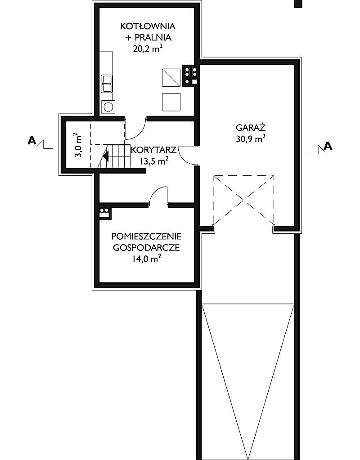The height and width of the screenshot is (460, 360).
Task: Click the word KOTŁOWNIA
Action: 148,27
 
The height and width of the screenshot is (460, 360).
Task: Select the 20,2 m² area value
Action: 148,49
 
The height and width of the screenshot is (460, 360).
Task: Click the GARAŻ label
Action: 251,128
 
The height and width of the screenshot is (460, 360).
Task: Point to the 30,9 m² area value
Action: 251,139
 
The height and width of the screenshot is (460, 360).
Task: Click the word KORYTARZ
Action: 153,150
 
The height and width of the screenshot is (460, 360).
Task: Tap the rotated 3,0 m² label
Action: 78,145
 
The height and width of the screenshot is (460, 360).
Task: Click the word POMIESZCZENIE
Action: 146,236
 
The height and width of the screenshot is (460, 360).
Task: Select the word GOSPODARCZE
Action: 146,248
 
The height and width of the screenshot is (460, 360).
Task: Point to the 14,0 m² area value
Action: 146,259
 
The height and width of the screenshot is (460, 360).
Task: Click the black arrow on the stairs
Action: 106,156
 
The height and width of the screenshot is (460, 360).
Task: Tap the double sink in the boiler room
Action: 107,84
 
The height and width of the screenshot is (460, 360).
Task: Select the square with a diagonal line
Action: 171,78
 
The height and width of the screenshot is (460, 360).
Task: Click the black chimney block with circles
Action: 190,76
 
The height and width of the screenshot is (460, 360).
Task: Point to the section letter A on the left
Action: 31,141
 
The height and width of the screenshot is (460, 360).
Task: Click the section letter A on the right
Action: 328,146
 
